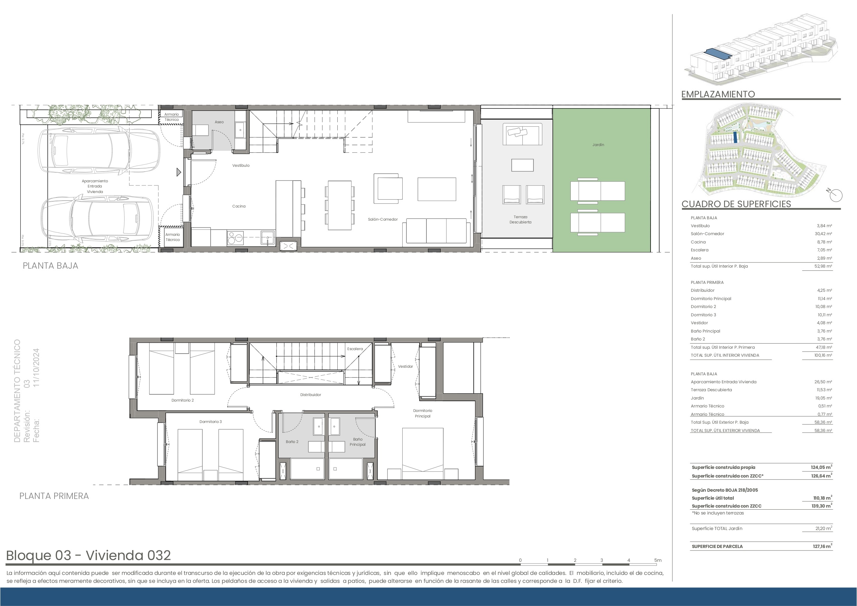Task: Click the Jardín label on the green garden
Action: pos(598,145)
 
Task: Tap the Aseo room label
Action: pos(219,122)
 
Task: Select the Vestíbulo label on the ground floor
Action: pos(241,165)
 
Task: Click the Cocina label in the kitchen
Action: pos(239,206)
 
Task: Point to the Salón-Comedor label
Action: pos(383,219)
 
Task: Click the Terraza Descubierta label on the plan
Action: pos(520,220)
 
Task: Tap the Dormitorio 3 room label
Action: pos(211,422)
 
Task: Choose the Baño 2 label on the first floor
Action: pos(292,442)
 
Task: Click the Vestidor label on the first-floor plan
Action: pos(405,366)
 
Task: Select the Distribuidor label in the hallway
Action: pos(310,395)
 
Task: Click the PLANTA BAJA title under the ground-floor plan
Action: pos(50,266)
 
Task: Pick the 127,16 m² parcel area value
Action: pos(822,546)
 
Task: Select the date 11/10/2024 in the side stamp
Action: pos(36,367)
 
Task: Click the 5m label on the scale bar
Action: pos(658,560)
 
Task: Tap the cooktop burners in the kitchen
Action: pos(235,238)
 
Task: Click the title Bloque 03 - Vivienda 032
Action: pos(88,555)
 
